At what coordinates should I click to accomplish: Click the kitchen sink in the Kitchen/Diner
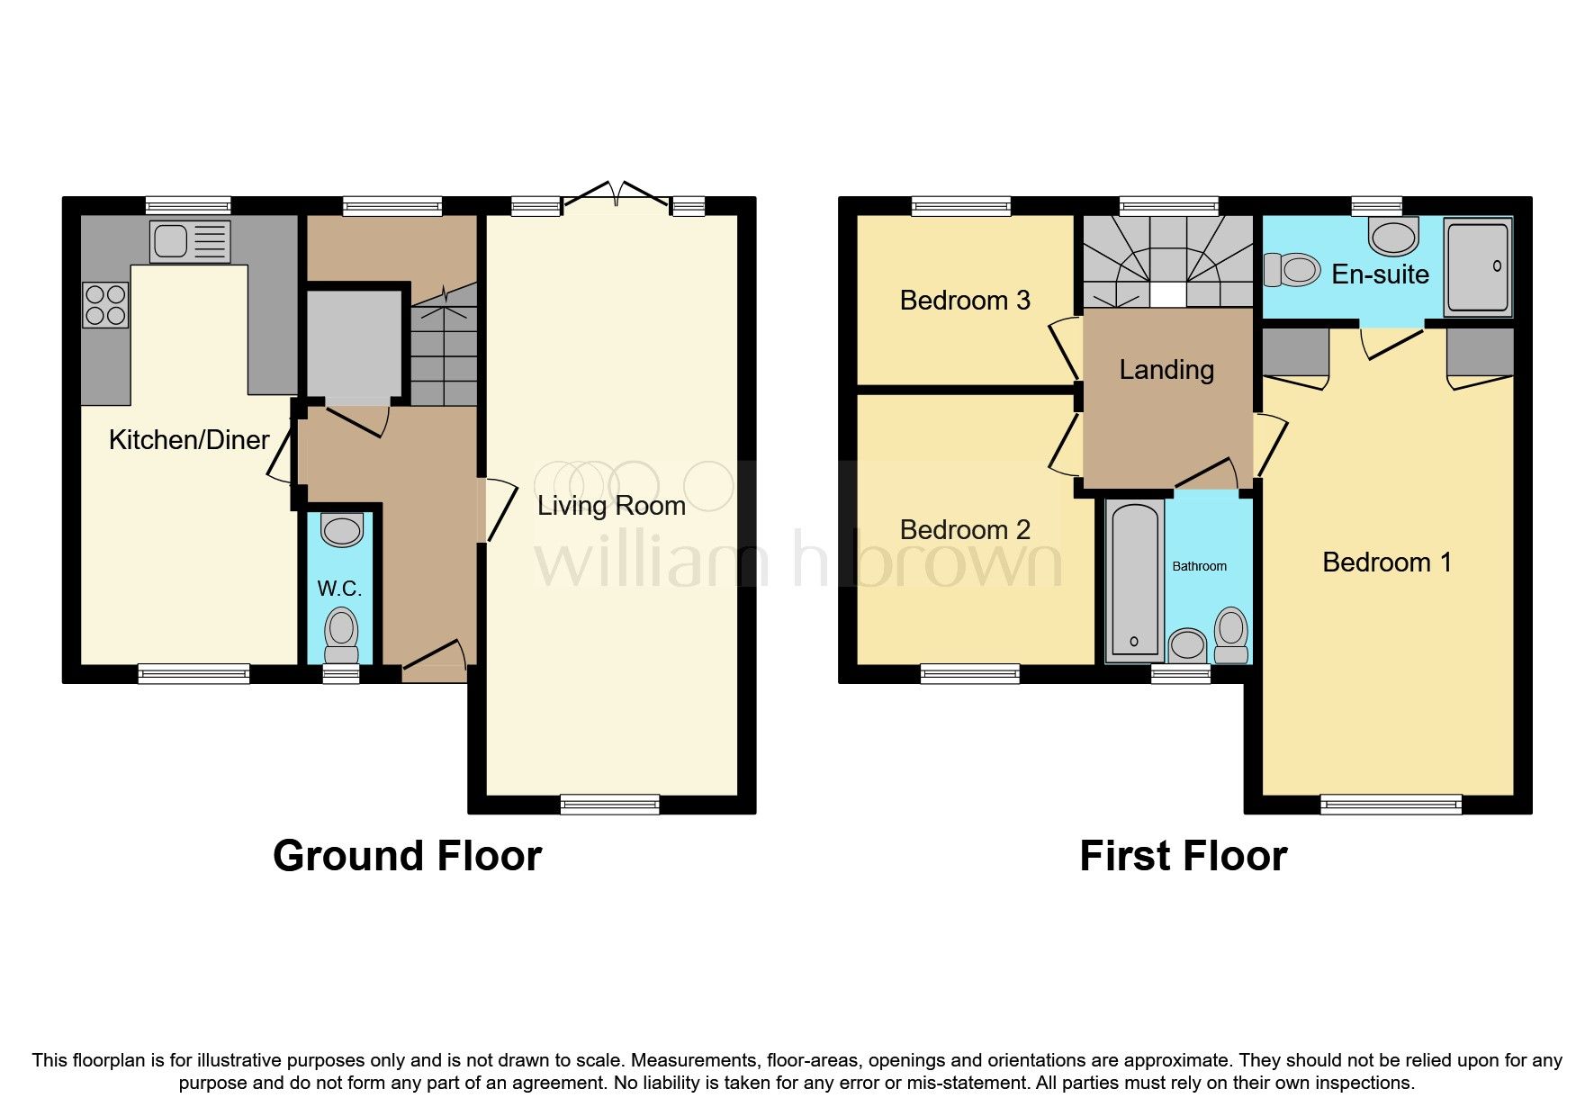[190, 240]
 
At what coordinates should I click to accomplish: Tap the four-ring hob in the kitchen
[105, 304]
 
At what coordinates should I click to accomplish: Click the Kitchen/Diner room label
[189, 440]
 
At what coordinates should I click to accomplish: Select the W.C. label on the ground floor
[339, 589]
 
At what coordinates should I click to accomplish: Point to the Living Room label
[611, 506]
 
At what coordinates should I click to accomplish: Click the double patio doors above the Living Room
[617, 195]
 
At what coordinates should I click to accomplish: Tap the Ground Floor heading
[407, 855]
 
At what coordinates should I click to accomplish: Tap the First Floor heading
[1183, 855]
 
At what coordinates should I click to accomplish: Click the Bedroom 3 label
[965, 301]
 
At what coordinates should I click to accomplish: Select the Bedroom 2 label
[965, 530]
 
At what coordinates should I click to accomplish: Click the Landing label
[1166, 370]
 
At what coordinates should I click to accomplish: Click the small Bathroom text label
[1199, 566]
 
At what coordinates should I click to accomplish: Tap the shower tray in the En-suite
[1478, 267]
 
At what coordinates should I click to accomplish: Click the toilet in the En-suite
[1292, 269]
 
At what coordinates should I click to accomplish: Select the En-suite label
[1380, 274]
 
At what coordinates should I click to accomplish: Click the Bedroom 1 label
[1386, 562]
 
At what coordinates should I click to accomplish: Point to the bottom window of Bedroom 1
[1391, 805]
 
